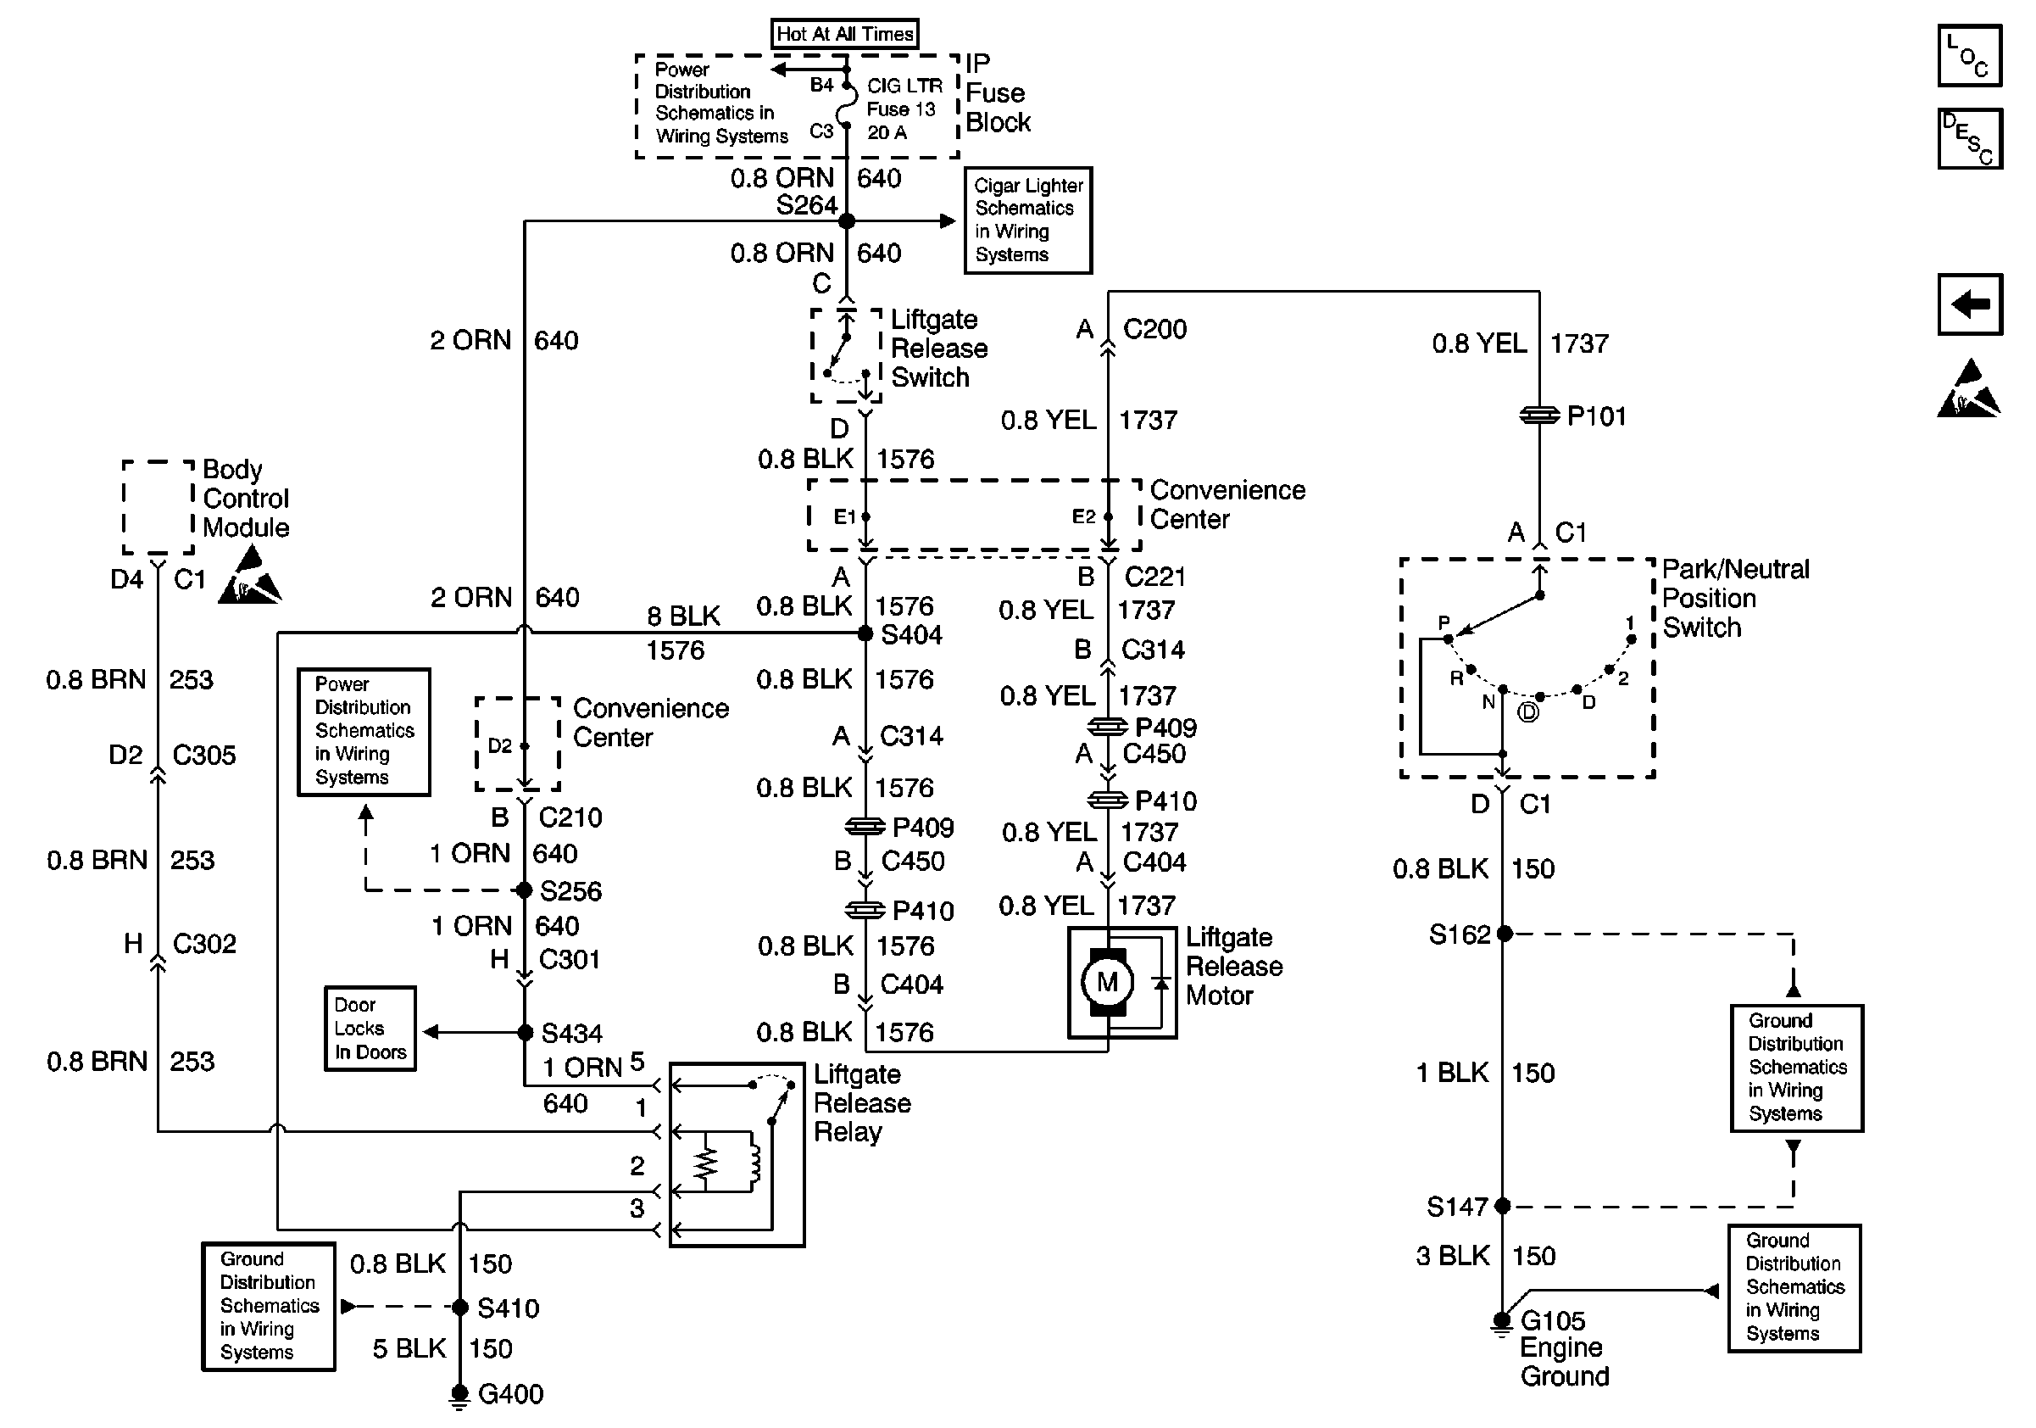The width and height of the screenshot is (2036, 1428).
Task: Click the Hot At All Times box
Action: (x=844, y=34)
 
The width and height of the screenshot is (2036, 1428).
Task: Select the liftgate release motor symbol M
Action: (x=1108, y=982)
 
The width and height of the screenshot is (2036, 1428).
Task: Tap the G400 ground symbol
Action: (x=459, y=1396)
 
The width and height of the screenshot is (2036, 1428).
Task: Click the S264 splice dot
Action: (x=847, y=220)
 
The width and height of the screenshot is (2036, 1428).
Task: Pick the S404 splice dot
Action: (x=865, y=633)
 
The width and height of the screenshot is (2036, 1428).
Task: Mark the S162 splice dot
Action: (x=1504, y=934)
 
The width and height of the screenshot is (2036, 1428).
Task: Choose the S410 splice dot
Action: (x=460, y=1307)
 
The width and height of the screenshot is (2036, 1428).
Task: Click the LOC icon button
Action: (x=1970, y=56)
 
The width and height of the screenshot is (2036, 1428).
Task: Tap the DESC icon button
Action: (x=1970, y=138)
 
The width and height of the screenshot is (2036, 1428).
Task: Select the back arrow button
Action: (x=1970, y=304)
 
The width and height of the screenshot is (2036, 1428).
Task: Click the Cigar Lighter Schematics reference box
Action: (x=1028, y=220)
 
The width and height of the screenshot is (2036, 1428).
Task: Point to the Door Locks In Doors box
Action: (x=370, y=1029)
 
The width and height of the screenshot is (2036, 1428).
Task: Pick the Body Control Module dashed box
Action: (x=158, y=506)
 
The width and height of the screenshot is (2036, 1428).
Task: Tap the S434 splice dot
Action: (x=525, y=1033)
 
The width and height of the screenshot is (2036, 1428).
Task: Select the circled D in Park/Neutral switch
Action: (x=1528, y=712)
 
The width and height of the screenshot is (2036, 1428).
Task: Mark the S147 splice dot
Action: (x=1503, y=1205)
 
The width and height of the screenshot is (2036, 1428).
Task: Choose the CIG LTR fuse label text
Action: (x=904, y=86)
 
